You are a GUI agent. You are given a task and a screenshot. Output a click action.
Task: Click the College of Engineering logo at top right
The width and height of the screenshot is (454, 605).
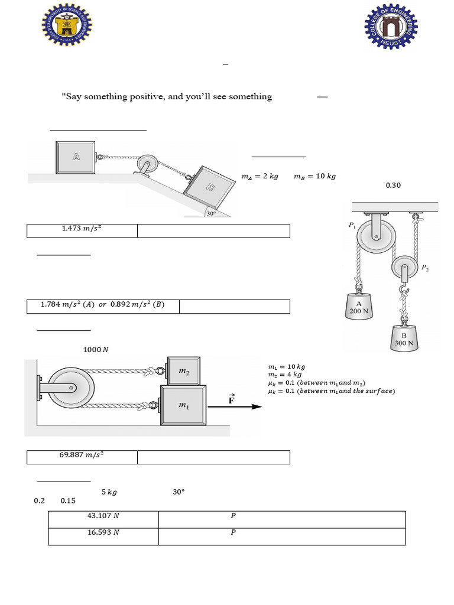391,28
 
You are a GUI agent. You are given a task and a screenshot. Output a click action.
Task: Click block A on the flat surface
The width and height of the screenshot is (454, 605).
76,157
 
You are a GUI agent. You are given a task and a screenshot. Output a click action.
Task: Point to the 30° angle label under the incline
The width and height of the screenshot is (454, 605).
211,213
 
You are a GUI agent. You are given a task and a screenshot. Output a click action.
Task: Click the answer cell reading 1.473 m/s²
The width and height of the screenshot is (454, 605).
82,230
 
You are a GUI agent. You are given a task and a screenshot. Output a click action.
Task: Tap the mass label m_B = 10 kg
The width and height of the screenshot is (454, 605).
314,176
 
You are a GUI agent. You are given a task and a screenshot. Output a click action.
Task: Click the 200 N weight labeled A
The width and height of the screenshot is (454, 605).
358,306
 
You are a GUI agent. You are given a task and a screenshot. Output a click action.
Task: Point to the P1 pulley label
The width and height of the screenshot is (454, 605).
352,225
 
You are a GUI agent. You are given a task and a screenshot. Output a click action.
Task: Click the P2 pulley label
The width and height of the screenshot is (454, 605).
425,268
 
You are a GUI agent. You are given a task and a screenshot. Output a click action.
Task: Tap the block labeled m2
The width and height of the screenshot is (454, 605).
184,370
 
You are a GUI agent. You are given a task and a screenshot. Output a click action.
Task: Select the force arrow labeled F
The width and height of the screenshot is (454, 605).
244,405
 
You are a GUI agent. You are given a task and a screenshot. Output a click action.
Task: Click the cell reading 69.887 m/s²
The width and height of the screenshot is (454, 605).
82,457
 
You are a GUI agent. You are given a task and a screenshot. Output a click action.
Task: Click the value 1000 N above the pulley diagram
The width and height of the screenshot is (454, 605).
96,350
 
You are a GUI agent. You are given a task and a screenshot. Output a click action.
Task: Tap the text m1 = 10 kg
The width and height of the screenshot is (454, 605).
287,367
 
